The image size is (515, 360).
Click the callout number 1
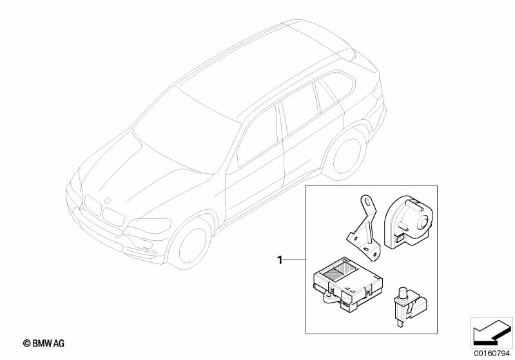click(280, 260)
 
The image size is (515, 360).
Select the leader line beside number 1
click(295, 260)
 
